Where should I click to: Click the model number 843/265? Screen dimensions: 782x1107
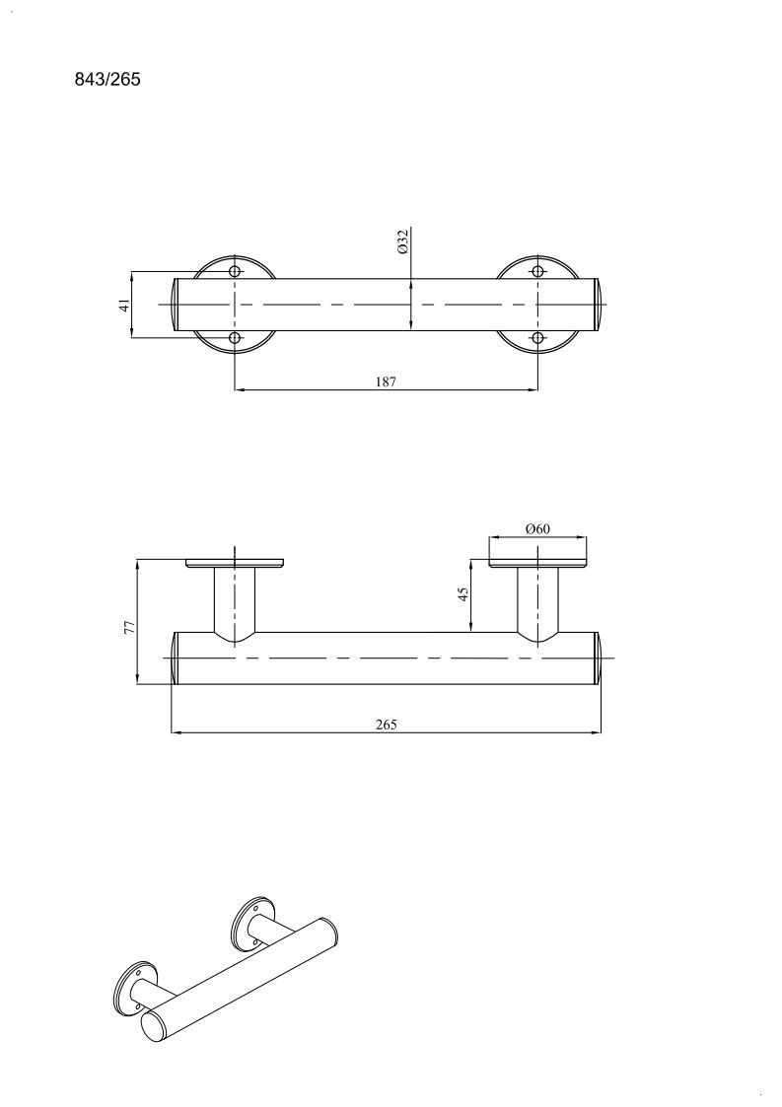pos(107,79)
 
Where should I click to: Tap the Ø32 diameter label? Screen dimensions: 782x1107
pos(403,242)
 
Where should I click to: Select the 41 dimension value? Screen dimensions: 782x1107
pos(124,305)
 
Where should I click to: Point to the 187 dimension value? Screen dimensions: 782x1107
pos(386,381)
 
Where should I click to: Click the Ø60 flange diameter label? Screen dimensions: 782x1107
pos(537,528)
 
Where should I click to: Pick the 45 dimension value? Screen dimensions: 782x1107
pos(463,593)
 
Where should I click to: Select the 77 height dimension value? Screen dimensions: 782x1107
pos(129,627)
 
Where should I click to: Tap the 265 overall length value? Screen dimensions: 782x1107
pos(387,725)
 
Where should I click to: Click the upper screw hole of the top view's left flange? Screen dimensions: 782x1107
pos(236,272)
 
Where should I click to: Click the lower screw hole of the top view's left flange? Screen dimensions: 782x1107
pos(236,339)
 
